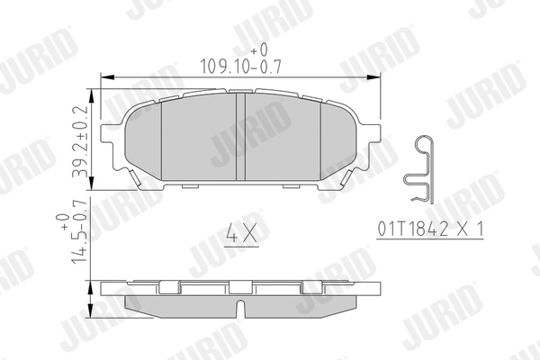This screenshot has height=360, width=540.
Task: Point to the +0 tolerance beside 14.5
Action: tap(64, 219)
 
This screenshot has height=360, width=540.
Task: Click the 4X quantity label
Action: tap(239, 236)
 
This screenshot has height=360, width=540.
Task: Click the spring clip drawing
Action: tap(420, 172)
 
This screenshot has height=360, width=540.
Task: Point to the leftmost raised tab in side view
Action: tap(168, 285)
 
